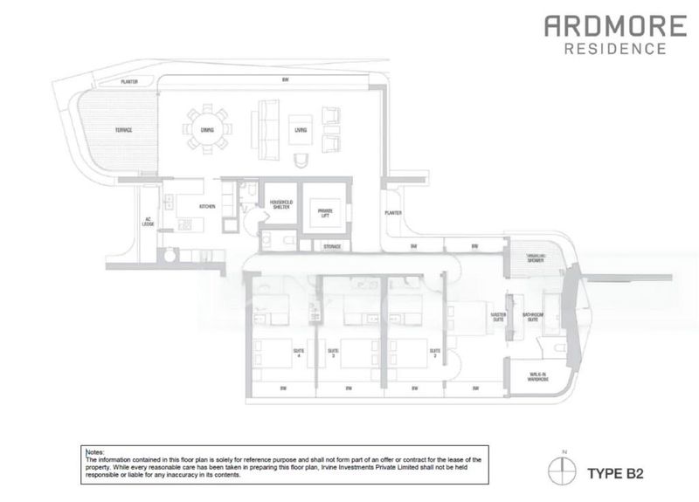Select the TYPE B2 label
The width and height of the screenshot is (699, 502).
[x=615, y=474]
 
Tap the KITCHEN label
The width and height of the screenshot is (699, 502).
[x=207, y=206]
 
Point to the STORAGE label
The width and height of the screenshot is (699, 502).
[x=331, y=247]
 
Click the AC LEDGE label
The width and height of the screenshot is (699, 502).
[x=148, y=223]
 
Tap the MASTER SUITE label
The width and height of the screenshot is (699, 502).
[x=499, y=316]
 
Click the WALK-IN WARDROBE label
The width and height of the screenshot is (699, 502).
[x=538, y=378]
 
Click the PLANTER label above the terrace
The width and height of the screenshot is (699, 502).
[x=129, y=82]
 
